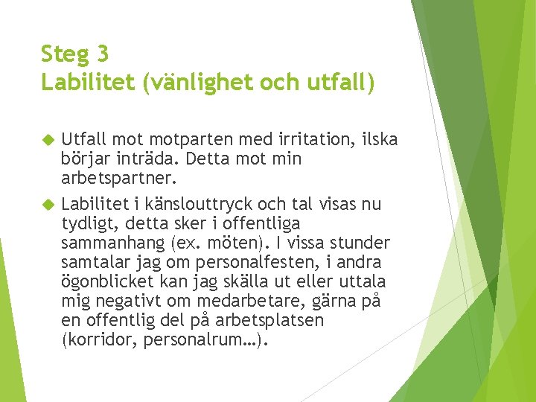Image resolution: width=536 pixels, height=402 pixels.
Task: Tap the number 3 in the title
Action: point(103,54)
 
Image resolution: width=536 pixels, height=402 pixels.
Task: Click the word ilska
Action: point(378,139)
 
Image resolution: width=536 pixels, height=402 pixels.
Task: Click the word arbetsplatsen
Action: point(269,321)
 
